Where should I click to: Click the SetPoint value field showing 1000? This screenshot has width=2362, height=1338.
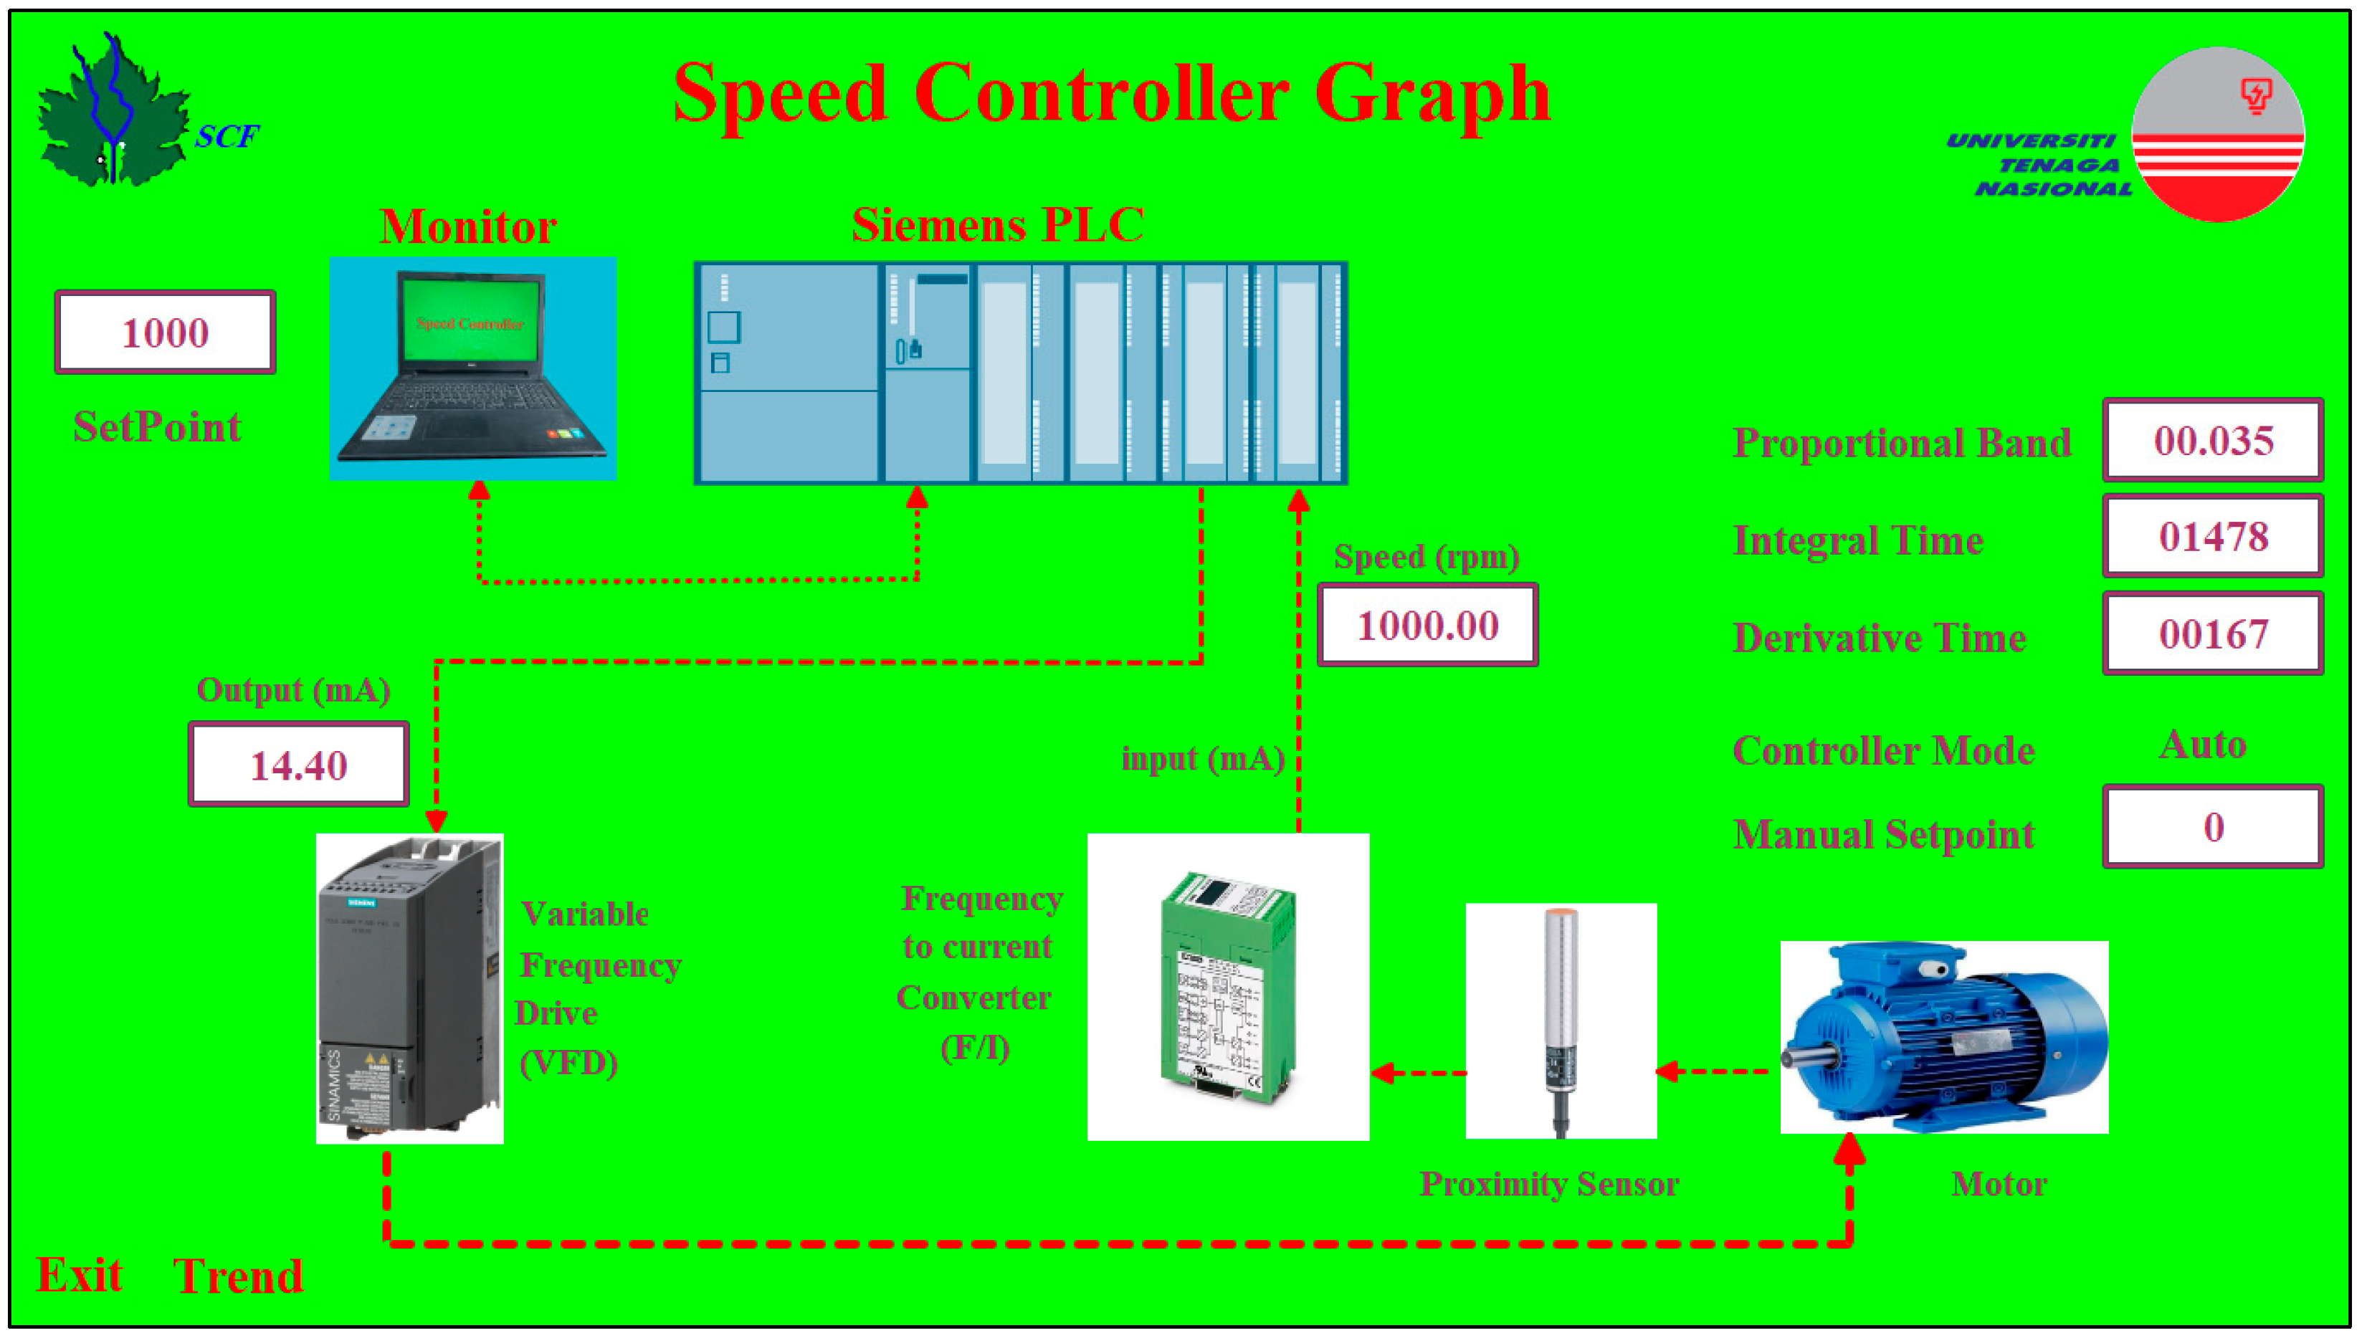point(166,333)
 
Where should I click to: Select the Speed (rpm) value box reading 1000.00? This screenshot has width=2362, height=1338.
point(1427,626)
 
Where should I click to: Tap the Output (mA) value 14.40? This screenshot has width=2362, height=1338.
point(299,765)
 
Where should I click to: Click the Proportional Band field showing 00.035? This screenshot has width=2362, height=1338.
point(2213,441)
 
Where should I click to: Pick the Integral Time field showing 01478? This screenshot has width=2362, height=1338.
point(2213,537)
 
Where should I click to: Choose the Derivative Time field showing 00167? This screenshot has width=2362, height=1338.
point(2213,634)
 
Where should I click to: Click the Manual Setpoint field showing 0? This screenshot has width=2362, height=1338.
point(2213,827)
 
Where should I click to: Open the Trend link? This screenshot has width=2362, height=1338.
point(238,1276)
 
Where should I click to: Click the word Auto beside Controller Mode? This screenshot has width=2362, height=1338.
point(2203,745)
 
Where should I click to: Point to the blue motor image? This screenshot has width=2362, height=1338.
point(1944,1036)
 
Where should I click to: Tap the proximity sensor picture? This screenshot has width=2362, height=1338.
point(1561,1020)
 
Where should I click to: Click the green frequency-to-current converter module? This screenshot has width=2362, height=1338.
point(1228,987)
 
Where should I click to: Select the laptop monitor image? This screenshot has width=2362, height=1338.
point(473,369)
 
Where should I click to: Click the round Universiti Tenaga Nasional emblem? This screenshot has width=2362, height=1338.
point(2218,135)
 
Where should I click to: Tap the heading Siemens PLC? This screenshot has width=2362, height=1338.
point(998,225)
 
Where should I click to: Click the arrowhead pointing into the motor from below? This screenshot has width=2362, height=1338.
point(1849,1150)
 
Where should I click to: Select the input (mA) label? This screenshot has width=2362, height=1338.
point(1203,759)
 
